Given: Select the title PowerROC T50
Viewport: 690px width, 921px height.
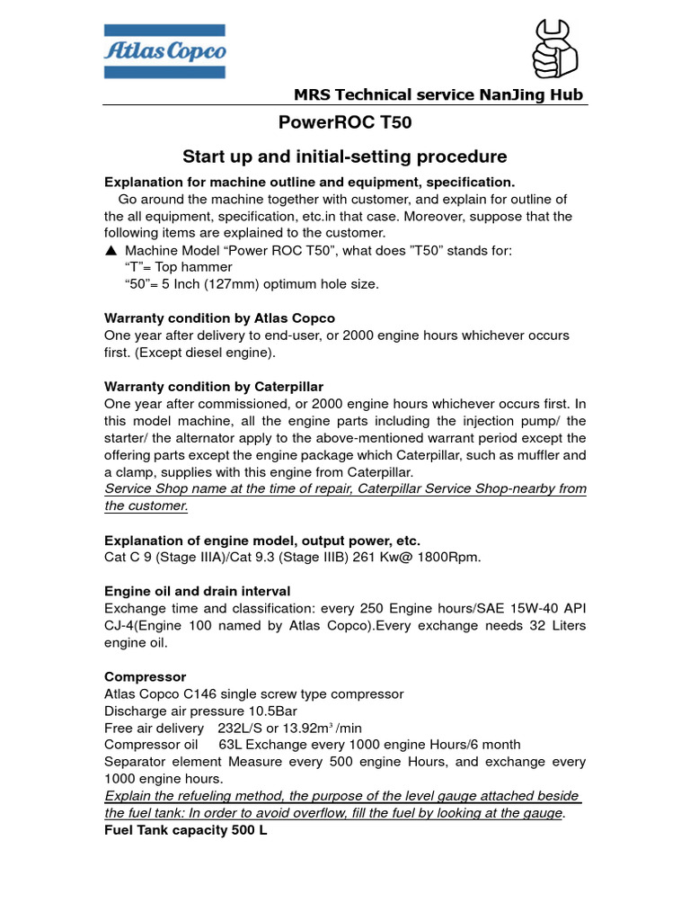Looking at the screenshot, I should click(x=345, y=123).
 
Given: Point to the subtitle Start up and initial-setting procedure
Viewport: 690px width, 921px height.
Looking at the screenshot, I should click(x=345, y=156).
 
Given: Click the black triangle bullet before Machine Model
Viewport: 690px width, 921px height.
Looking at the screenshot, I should click(x=110, y=251).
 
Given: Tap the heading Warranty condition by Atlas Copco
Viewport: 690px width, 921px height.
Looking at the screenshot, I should click(x=219, y=317).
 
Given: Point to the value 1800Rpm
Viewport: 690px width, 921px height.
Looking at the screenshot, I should click(x=447, y=558).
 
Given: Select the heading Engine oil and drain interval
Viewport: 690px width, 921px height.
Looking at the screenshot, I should click(x=197, y=591).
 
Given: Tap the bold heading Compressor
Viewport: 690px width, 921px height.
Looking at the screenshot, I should click(x=145, y=676).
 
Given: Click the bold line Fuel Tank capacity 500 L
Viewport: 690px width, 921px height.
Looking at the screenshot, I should click(x=185, y=830).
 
